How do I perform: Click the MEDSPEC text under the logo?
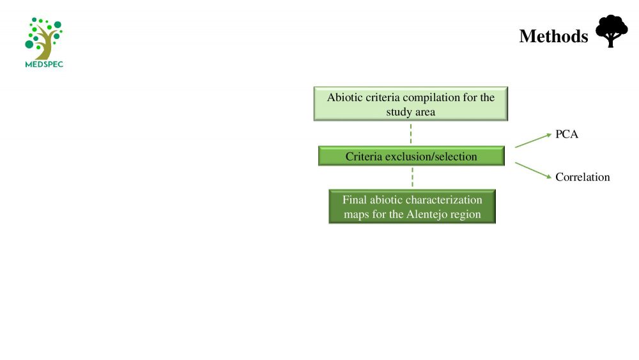click(44, 64)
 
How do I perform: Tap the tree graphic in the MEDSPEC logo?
click(43, 39)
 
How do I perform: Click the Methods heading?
click(553, 36)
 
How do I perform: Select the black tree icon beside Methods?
click(612, 31)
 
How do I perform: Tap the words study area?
click(411, 112)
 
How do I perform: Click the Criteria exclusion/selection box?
click(411, 156)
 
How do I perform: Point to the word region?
click(468, 215)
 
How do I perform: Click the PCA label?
click(566, 134)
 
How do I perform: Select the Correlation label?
click(582, 177)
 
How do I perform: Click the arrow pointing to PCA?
click(533, 141)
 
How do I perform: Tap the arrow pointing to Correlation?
click(533, 171)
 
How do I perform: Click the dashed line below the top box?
click(411, 134)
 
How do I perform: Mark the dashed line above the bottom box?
click(412, 177)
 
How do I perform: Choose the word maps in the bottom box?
click(356, 215)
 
